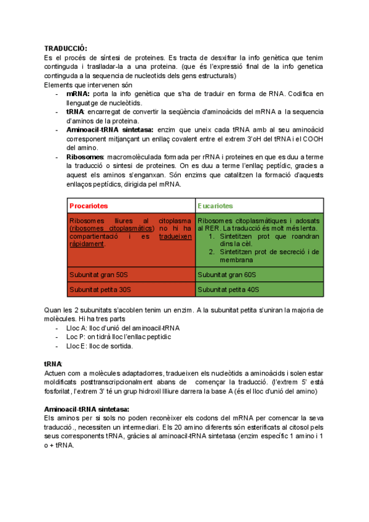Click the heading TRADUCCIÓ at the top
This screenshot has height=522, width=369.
pyautogui.click(x=66, y=48)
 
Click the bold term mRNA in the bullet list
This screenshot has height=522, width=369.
pyautogui.click(x=78, y=94)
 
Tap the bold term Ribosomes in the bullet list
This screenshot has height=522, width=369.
pyautogui.click(x=81, y=157)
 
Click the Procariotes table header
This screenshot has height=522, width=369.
pyautogui.click(x=89, y=206)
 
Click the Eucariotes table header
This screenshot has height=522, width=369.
pyautogui.click(x=216, y=206)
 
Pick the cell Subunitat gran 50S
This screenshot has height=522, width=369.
pyautogui.click(x=98, y=275)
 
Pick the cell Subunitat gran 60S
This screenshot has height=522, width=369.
pyautogui.click(x=226, y=275)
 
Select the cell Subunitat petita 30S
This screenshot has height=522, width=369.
pyautogui.click(x=100, y=289)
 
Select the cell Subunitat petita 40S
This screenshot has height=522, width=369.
pyautogui.click(x=228, y=289)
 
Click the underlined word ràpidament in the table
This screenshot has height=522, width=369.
pyautogui.click(x=87, y=244)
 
